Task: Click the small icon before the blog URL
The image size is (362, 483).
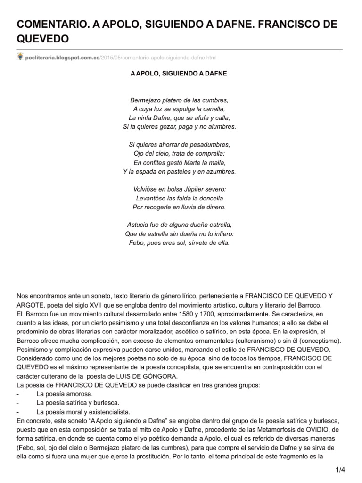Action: (20, 57)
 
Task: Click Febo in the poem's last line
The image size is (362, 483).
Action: (137, 243)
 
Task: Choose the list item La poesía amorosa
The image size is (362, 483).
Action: (65, 394)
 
